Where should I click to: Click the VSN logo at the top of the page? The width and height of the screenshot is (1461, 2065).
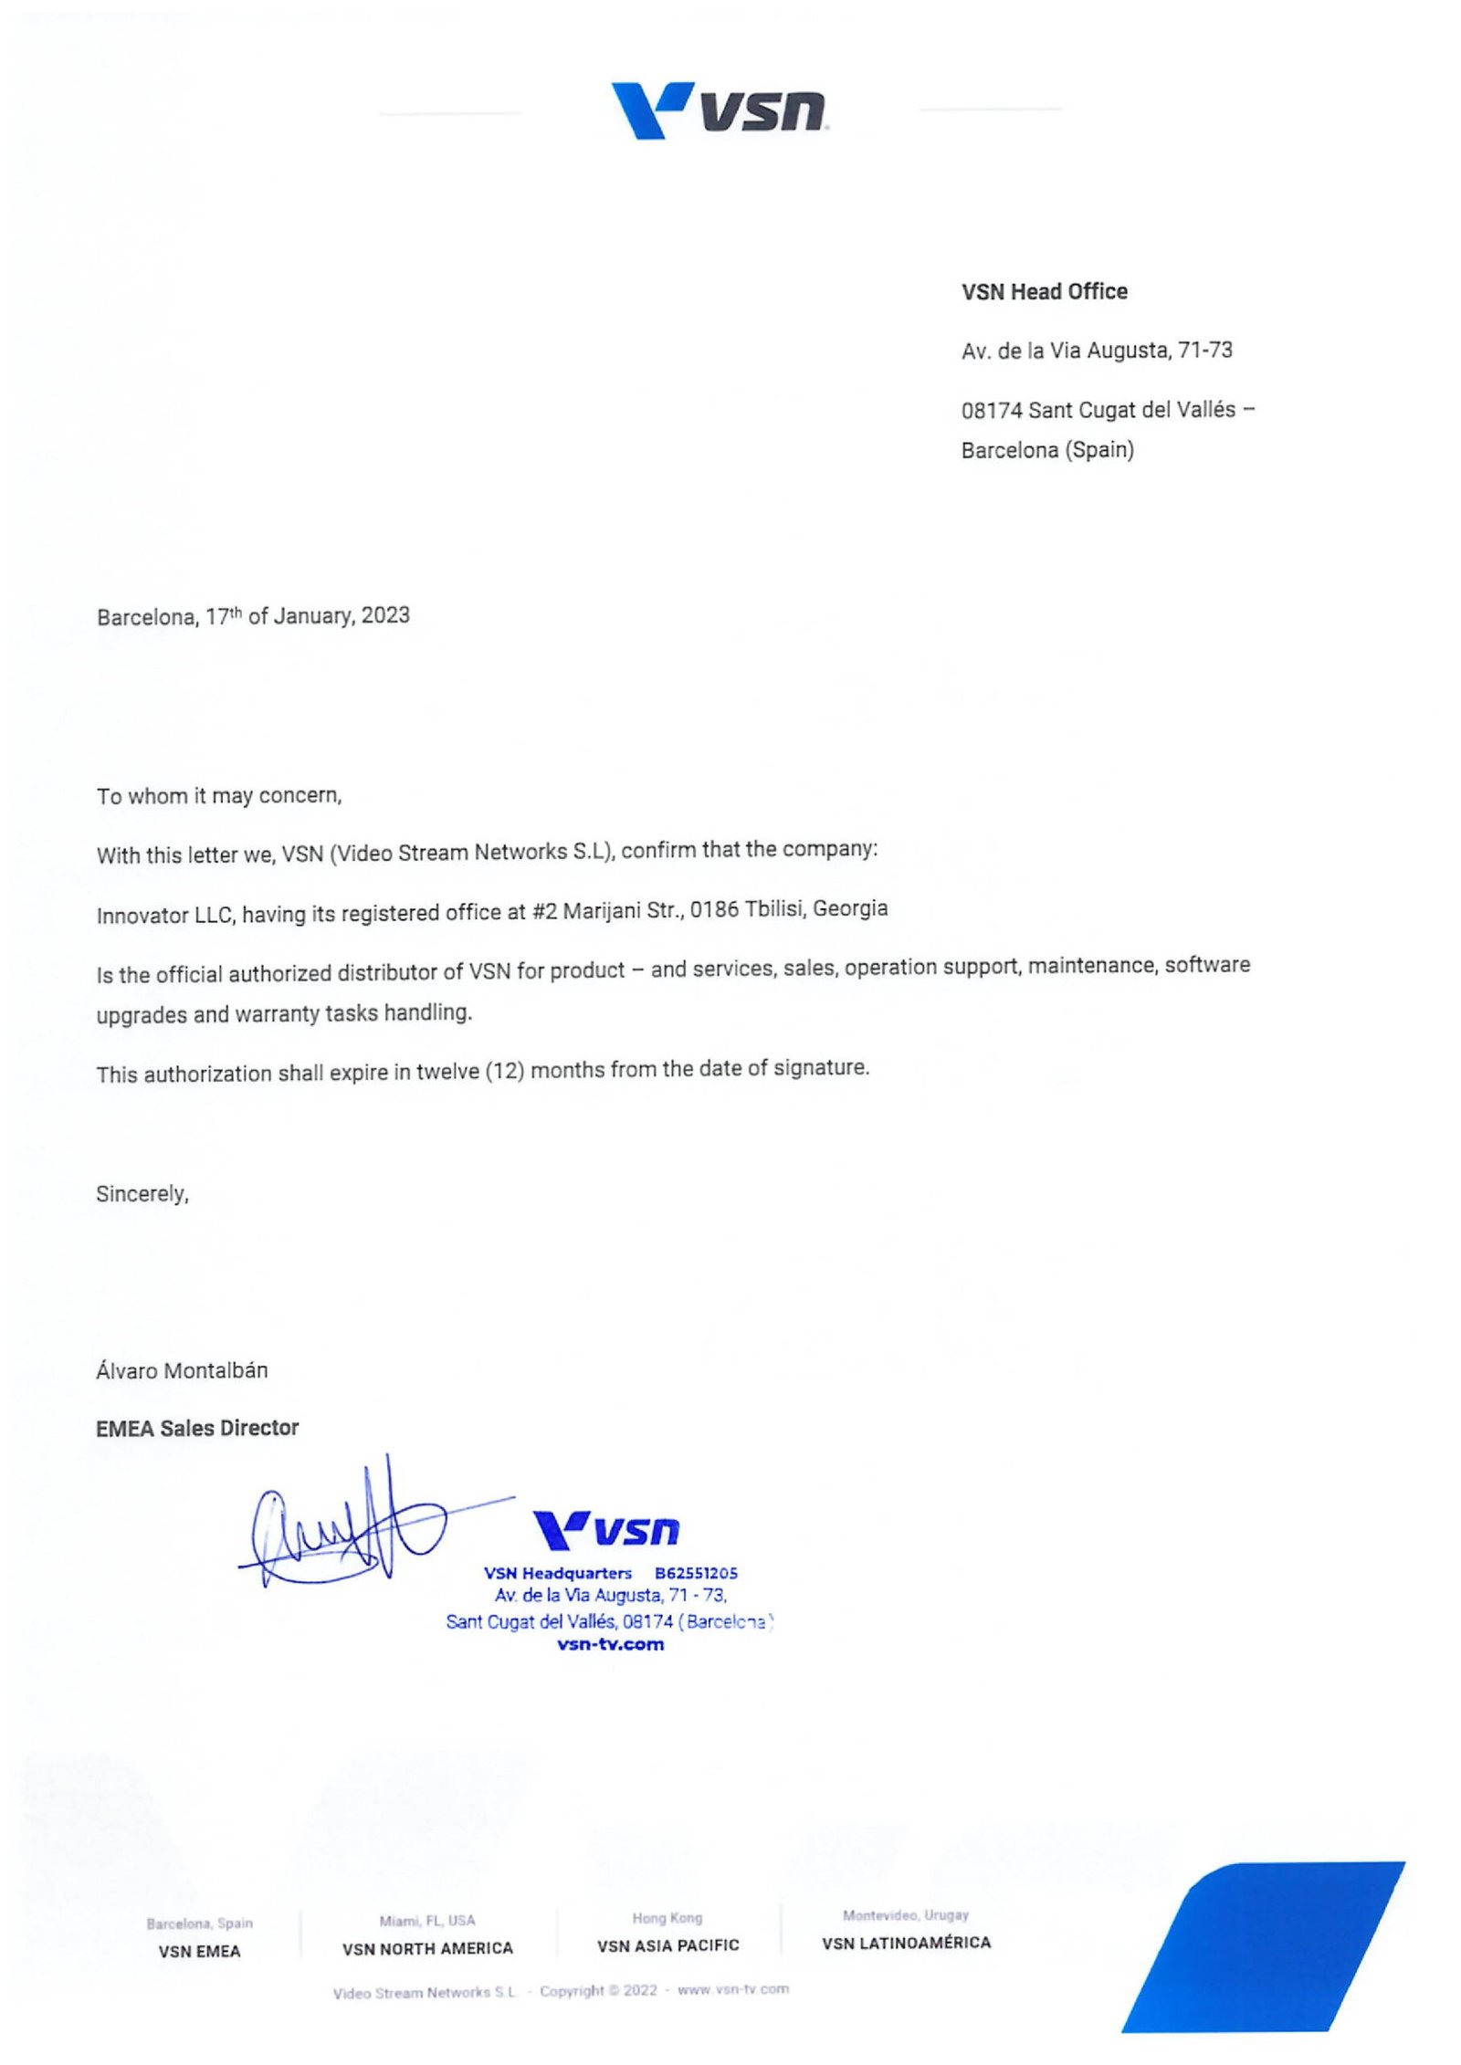point(719,110)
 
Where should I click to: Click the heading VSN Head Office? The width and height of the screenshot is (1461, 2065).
point(1044,292)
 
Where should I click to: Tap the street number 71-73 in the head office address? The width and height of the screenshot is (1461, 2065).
point(1204,351)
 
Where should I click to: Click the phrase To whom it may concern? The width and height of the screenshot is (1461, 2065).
point(219,796)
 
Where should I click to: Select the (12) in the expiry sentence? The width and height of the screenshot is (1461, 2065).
point(504,1071)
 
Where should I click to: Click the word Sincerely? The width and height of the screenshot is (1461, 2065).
point(142,1194)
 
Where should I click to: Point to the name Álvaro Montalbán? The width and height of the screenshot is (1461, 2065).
point(182,1370)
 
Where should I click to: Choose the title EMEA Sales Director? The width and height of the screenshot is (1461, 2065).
point(197,1428)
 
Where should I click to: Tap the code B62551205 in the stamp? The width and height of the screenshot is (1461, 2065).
point(696,1573)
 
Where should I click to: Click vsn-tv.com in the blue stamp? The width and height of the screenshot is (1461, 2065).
point(610,1645)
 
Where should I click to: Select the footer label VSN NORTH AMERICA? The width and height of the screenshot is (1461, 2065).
point(427,1948)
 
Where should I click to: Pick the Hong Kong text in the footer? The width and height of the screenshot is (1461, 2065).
point(667,1918)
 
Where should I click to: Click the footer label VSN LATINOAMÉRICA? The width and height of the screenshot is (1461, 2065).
point(906,1943)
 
